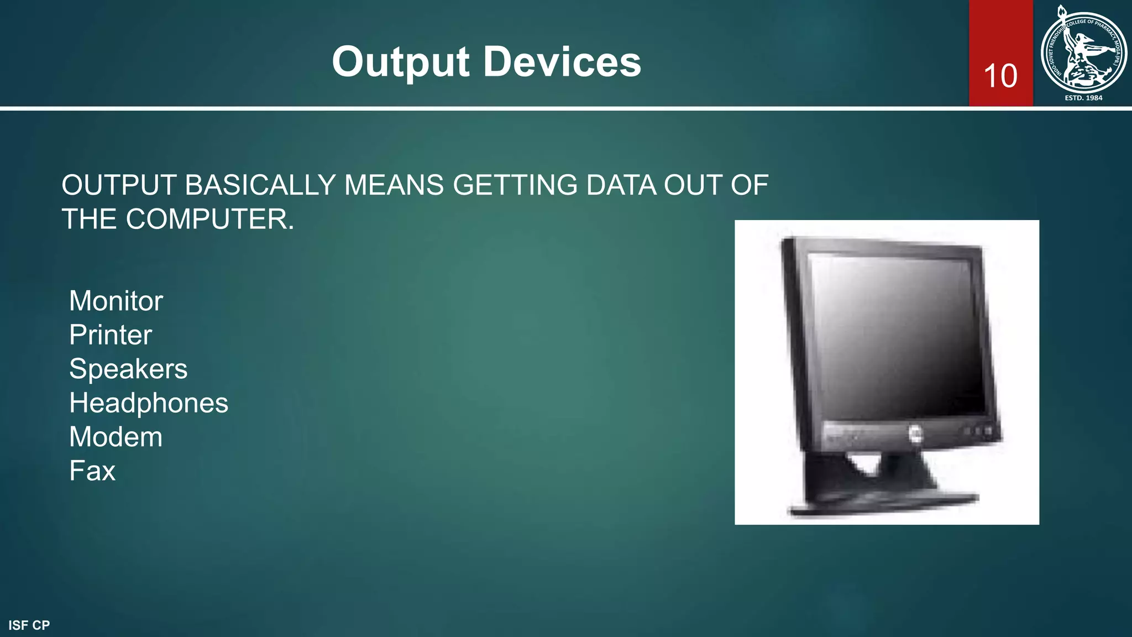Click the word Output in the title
click(401, 62)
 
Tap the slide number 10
click(1000, 76)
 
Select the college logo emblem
click(1083, 52)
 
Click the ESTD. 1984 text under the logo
click(1083, 98)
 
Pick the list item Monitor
click(116, 301)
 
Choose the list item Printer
click(111, 335)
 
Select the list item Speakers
click(128, 369)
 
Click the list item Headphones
click(149, 403)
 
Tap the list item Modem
click(116, 437)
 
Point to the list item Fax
click(92, 471)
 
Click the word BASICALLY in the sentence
click(260, 185)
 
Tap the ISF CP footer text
click(29, 625)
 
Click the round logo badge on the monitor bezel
click(915, 434)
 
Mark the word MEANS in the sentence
click(394, 185)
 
